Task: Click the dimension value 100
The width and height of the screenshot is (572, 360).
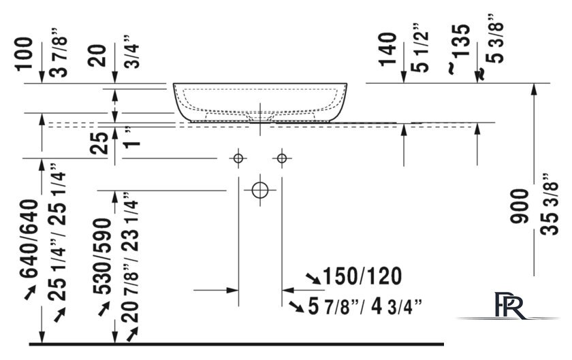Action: coord(24,53)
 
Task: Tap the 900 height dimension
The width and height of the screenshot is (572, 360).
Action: coord(519,206)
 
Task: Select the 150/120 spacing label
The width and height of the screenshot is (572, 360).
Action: coord(362,276)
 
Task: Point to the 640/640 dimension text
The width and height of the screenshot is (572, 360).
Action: coord(29,239)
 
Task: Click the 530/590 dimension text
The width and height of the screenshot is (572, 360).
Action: coord(101,256)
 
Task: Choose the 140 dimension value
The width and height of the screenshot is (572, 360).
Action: coord(387,49)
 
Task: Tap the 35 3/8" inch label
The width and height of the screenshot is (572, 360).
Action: coord(550,203)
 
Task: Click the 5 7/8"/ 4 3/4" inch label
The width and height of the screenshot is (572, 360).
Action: coord(365,306)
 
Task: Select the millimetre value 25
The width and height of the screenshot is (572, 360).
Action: coord(99,143)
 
